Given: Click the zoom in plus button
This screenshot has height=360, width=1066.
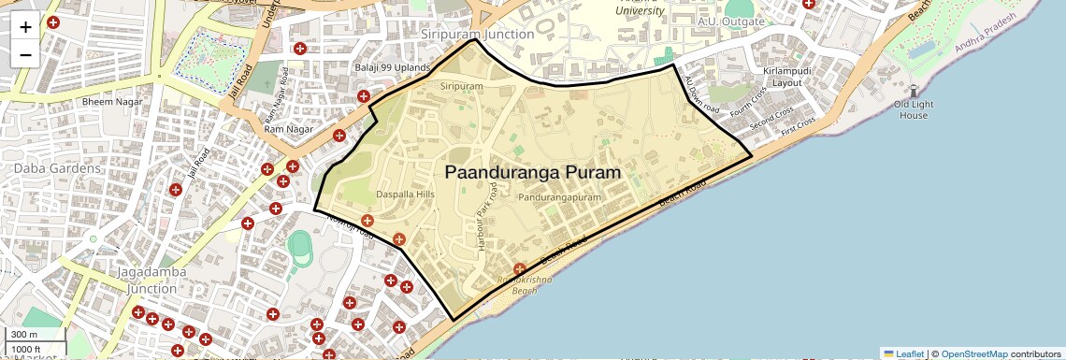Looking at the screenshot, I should point(25,27).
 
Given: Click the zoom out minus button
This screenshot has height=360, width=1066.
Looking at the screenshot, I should point(25,54).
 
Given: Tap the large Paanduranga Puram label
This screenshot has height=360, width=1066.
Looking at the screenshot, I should point(532,173).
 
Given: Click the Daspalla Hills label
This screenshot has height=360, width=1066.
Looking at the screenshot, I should point(405,194).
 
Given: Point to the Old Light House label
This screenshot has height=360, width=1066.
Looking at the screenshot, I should point(913,109).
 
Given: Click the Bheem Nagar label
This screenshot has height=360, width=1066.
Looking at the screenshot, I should point(111,101).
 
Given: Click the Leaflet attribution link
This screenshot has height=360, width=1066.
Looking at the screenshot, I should point(903,353).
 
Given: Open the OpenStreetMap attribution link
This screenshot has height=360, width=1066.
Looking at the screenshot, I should point(976,353).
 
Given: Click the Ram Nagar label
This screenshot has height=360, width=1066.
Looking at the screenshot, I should point(287,128).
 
